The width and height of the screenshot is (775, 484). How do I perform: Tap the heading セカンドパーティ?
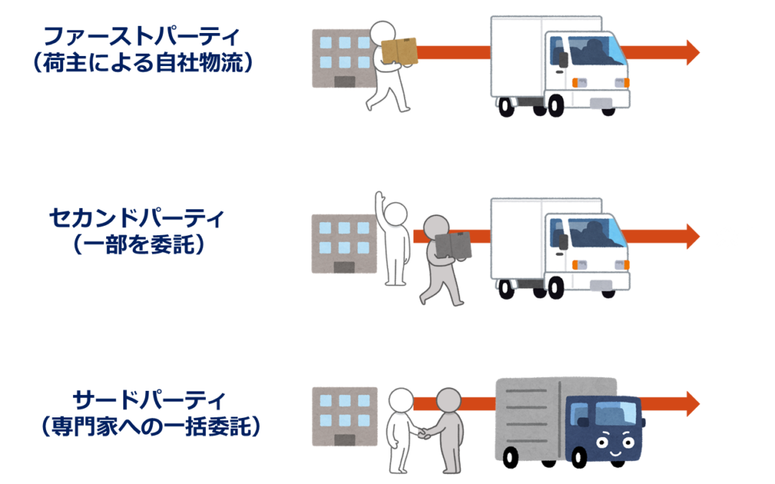137,218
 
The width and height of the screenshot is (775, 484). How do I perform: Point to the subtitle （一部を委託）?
137,245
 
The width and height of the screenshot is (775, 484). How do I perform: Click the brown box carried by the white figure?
399,51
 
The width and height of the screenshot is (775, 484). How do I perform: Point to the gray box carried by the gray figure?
453,245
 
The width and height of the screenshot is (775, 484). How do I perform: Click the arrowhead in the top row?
692,52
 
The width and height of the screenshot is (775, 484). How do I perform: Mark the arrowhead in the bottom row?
692,403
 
